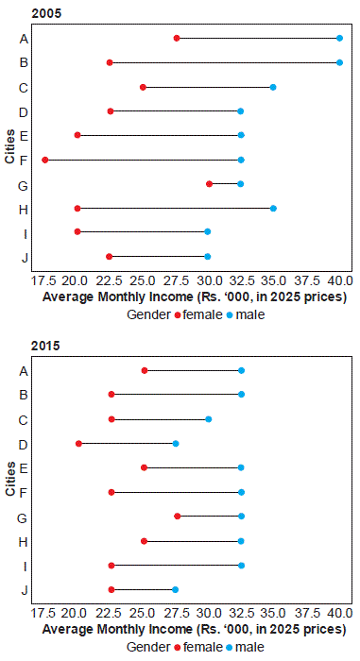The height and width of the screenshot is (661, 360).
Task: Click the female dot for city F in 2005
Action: pos(45,160)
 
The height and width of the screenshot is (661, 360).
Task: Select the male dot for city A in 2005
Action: pos(339,39)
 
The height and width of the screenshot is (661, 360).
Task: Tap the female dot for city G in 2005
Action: pos(209,184)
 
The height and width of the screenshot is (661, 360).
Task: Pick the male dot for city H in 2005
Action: pos(273,209)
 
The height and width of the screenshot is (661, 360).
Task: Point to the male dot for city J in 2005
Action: pos(207,256)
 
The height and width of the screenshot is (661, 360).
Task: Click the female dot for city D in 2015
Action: pos(78,444)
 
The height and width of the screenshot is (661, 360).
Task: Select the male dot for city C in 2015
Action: pos(209,419)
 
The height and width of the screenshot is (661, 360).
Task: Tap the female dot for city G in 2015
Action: pos(178,516)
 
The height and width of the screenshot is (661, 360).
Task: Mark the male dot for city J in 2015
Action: pos(175,589)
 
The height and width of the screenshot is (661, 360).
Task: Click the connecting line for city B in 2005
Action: pos(225,63)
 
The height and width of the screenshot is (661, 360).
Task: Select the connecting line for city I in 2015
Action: pos(177,566)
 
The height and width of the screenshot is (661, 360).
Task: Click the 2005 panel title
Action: pos(46,13)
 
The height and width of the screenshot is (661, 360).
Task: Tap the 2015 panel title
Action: pos(45,346)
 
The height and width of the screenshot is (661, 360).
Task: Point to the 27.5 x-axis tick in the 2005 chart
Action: pos(177,280)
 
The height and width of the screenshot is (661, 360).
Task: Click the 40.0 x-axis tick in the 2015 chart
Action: pos(340,613)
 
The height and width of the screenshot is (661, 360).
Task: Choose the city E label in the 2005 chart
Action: pos(24,136)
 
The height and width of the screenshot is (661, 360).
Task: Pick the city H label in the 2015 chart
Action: pos(24,541)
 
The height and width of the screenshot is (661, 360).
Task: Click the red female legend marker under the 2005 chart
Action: pos(178,314)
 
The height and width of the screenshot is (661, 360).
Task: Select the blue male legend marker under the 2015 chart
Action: pos(230,647)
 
